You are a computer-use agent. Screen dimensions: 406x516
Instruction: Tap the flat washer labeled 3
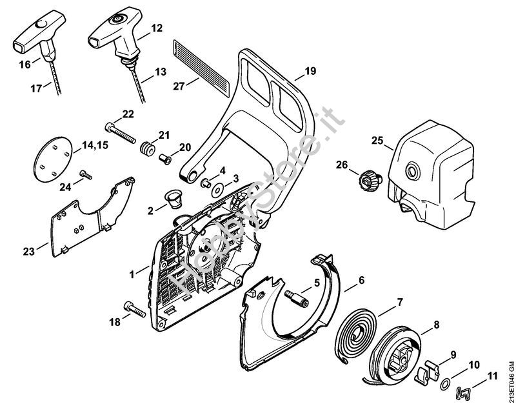215,188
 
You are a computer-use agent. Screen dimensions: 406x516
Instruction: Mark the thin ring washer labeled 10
444,385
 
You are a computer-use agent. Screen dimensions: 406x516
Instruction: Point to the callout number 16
25,65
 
